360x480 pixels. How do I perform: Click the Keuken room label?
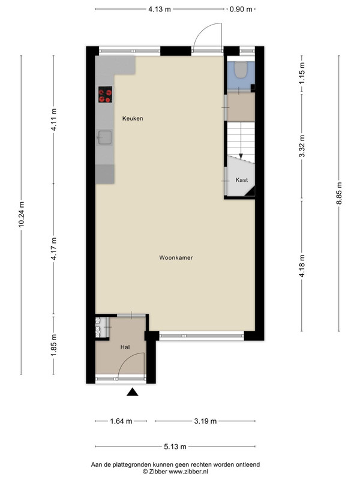133,118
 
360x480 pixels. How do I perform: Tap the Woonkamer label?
176,258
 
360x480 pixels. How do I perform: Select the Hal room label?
125,347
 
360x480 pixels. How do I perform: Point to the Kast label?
242,180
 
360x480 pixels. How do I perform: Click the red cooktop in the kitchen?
106,95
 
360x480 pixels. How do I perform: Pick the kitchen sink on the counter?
105,137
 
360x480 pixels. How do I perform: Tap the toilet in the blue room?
241,70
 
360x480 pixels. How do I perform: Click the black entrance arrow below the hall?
132,392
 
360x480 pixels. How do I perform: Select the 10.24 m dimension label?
22,215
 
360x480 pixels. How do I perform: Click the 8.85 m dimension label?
339,193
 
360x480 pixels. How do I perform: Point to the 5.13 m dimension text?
175,446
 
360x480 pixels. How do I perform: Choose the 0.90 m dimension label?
241,9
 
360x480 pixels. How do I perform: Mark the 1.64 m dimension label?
121,421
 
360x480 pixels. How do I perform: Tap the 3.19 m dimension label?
205,421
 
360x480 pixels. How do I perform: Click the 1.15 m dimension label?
302,73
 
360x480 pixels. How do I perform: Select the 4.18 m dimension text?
302,266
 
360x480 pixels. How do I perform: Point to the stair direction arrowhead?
241,157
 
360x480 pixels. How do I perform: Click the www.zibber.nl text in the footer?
188,472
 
